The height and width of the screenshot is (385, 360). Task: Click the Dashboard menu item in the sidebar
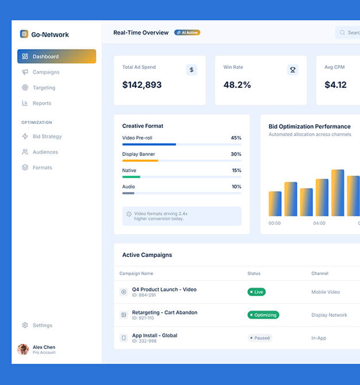[x=56, y=56]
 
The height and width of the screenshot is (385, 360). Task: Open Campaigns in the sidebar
[x=46, y=72]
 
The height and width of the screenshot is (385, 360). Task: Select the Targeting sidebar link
[x=44, y=88]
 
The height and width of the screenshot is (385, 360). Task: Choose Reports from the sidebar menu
[x=42, y=103]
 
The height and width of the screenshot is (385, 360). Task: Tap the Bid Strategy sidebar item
[x=47, y=137]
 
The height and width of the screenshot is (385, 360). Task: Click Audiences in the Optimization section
[x=45, y=152]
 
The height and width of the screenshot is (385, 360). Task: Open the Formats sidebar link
[x=42, y=168]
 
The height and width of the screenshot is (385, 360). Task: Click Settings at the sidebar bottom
[x=42, y=325]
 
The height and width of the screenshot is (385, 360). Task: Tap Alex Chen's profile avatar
[x=23, y=349]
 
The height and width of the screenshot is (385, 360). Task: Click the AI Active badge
[x=187, y=33]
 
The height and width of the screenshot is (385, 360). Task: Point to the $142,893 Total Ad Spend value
[x=142, y=85]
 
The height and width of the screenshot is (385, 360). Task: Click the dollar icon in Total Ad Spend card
[x=192, y=70]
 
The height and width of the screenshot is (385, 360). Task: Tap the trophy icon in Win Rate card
[x=293, y=70]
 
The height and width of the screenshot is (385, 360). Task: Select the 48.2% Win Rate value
[x=237, y=85]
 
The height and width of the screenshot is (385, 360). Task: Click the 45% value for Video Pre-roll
[x=236, y=138]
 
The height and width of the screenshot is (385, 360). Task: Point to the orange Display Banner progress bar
[x=140, y=161]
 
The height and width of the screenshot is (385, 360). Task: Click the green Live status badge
[x=256, y=292]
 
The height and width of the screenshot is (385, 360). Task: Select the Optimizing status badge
[x=263, y=315]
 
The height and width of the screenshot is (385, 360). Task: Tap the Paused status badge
[x=260, y=338]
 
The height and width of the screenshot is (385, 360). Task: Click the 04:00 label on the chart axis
[x=319, y=223]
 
